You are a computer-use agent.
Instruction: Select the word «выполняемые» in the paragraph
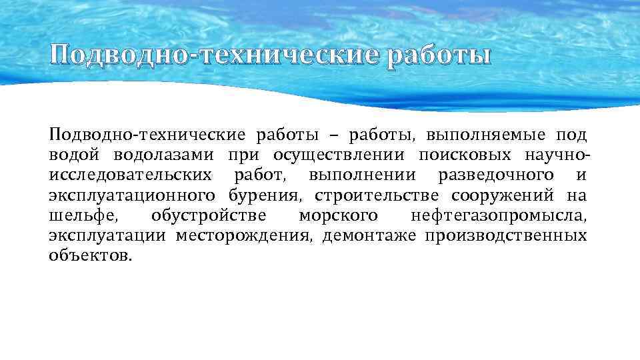(481, 135)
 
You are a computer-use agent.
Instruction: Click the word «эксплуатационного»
(132, 195)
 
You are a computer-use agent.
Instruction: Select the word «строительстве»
(377, 195)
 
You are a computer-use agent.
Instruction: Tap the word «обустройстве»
(209, 216)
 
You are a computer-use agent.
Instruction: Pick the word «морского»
(339, 216)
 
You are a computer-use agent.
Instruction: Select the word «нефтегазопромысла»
(500, 216)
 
